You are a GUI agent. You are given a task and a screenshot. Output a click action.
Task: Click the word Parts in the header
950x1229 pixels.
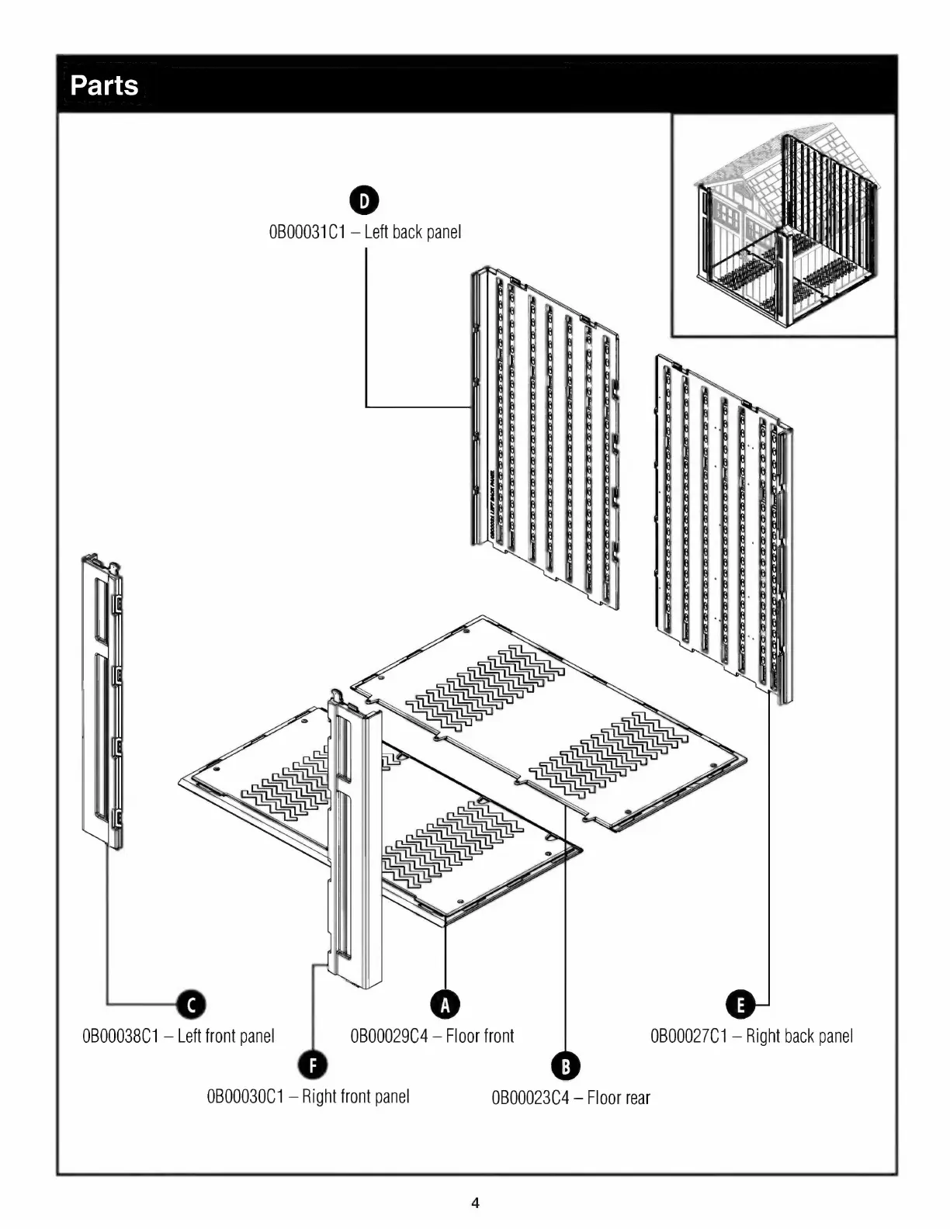tap(104, 85)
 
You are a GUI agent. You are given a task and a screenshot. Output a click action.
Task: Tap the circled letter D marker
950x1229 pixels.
tap(365, 200)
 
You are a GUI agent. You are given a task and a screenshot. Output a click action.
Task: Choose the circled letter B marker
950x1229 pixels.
tap(565, 1065)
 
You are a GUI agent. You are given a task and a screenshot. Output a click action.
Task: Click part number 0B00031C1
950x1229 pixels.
tap(307, 232)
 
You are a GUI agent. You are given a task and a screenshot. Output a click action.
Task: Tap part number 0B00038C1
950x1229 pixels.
tap(120, 1036)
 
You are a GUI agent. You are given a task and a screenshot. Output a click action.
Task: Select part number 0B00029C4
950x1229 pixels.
tap(389, 1036)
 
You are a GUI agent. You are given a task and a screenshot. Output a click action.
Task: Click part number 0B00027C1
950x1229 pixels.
tap(688, 1036)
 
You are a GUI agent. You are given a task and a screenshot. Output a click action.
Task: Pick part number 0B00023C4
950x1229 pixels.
tap(530, 1098)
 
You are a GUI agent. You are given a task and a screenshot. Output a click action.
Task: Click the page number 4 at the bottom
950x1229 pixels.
tap(475, 1203)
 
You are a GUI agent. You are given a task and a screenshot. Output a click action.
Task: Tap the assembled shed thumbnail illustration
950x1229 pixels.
tap(783, 225)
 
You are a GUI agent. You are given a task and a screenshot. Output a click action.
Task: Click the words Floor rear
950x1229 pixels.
tap(619, 1098)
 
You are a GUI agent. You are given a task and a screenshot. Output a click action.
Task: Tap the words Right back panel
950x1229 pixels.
tap(799, 1036)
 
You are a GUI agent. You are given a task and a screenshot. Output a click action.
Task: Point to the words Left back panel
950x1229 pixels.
tap(412, 232)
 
